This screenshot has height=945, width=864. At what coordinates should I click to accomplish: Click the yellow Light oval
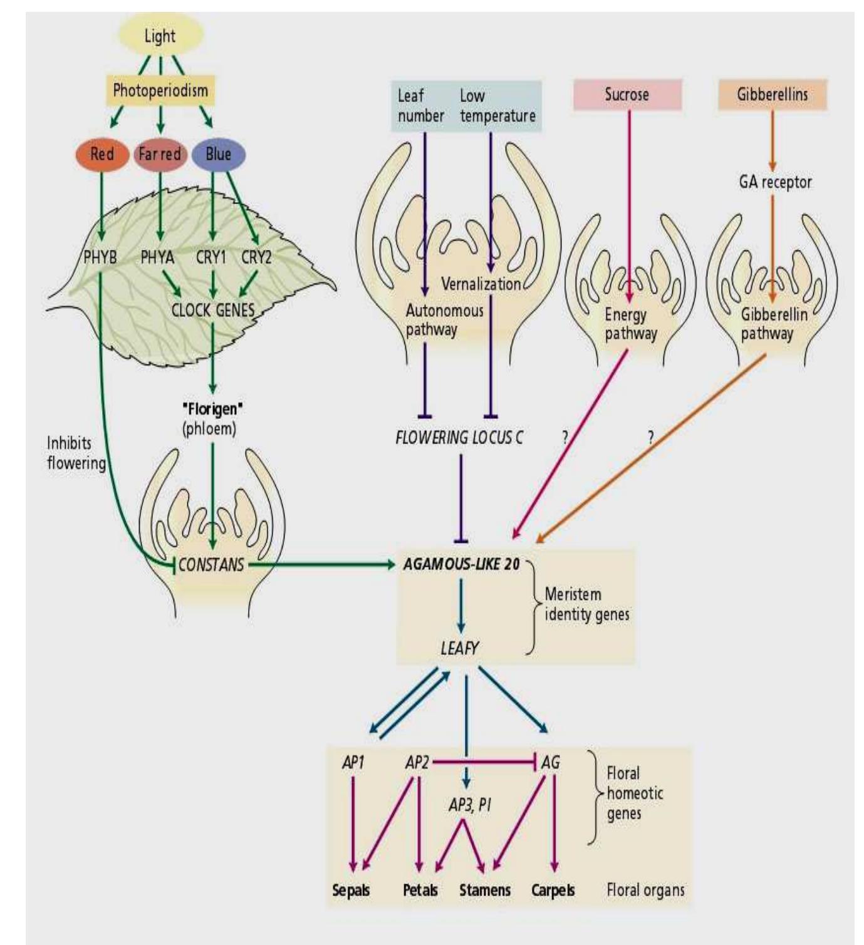point(161,36)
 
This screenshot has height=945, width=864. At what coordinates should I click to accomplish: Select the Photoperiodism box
point(160,90)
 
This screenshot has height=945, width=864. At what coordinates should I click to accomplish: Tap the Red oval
point(101,154)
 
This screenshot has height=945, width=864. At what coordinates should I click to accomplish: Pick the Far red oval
point(160,154)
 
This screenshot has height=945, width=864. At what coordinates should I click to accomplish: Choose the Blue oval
point(218,154)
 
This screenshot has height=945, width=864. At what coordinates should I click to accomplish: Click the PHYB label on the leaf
point(100,257)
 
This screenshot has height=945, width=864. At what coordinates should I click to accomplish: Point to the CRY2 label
point(256,257)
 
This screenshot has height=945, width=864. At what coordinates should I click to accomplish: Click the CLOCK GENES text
point(213,309)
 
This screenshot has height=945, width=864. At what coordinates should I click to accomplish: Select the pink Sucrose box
point(627,95)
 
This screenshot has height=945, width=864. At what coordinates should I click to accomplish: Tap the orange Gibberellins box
point(772,95)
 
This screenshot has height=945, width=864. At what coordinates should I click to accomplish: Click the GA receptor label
point(775,182)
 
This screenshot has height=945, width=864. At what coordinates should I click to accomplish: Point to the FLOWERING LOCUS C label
point(459,438)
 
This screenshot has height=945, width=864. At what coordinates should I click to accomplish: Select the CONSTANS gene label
point(211,565)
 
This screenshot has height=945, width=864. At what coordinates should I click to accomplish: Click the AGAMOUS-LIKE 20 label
point(462,564)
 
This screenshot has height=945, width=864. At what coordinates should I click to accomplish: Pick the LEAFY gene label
point(460,649)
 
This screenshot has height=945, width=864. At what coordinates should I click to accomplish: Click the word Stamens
point(485,890)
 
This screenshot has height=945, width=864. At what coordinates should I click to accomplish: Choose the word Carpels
point(553,890)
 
